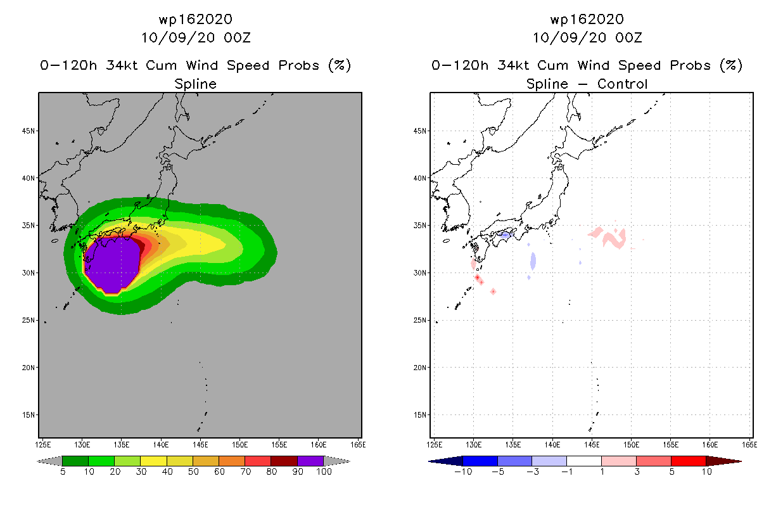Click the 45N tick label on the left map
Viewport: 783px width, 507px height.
tap(29, 131)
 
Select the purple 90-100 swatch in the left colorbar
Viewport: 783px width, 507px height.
tap(310, 461)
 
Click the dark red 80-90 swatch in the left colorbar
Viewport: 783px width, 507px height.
tap(284, 461)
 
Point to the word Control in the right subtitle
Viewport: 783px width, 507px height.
tap(624, 84)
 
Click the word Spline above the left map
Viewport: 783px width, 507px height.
tap(196, 84)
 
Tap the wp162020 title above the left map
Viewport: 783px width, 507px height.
tap(196, 20)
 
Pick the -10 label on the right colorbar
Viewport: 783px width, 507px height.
tap(463, 472)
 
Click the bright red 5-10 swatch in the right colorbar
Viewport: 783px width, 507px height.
tap(688, 461)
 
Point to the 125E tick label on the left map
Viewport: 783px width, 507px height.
tap(44, 444)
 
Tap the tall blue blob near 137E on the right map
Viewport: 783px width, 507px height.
tap(533, 260)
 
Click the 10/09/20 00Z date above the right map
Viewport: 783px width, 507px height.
tap(587, 37)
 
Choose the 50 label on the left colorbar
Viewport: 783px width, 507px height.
tap(193, 472)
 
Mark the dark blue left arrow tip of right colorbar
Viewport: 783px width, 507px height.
tap(433, 461)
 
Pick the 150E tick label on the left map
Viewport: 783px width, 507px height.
tap(239, 444)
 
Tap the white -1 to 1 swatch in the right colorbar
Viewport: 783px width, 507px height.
tap(584, 461)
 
